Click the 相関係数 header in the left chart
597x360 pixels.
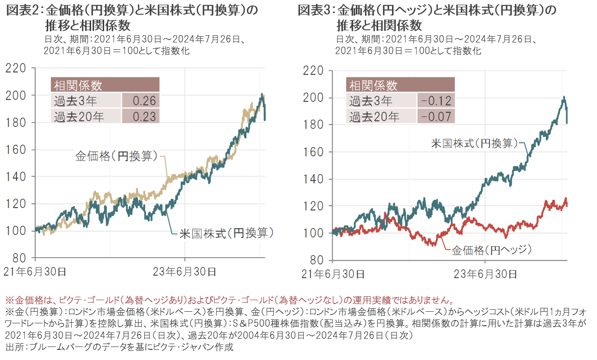[x=77, y=85]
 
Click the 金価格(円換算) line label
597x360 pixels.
[x=116, y=156]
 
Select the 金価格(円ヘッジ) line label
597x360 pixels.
[x=491, y=250]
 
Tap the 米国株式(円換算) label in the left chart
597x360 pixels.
[x=227, y=234]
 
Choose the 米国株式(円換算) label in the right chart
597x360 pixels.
[x=475, y=143]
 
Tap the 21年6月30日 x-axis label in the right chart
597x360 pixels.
[x=333, y=274]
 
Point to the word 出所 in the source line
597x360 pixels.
[x=14, y=346]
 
